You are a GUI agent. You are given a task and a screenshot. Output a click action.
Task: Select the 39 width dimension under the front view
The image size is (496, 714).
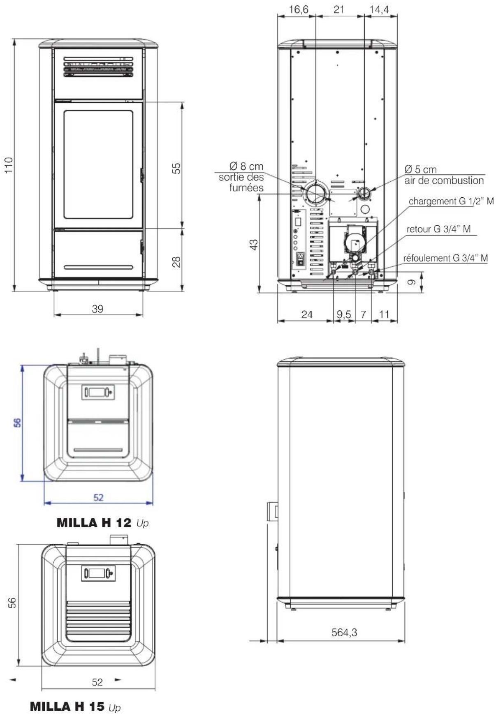pos(97,309)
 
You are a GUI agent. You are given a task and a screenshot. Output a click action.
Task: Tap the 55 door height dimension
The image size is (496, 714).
pos(176,168)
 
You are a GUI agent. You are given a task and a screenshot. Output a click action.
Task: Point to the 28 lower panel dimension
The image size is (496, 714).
pos(176,262)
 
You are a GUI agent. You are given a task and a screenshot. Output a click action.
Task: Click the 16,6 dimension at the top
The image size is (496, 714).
pos(299,9)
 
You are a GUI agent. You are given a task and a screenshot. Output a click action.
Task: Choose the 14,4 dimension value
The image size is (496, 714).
pos(379,9)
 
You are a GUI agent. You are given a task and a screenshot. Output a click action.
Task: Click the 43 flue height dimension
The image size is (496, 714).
pos(254,244)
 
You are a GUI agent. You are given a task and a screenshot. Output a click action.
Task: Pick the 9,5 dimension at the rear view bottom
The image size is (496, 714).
pos(344,314)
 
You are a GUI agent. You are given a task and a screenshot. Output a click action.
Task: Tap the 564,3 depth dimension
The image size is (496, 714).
pos(344,632)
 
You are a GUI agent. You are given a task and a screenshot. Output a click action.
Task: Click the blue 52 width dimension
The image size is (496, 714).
pos(98,497)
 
